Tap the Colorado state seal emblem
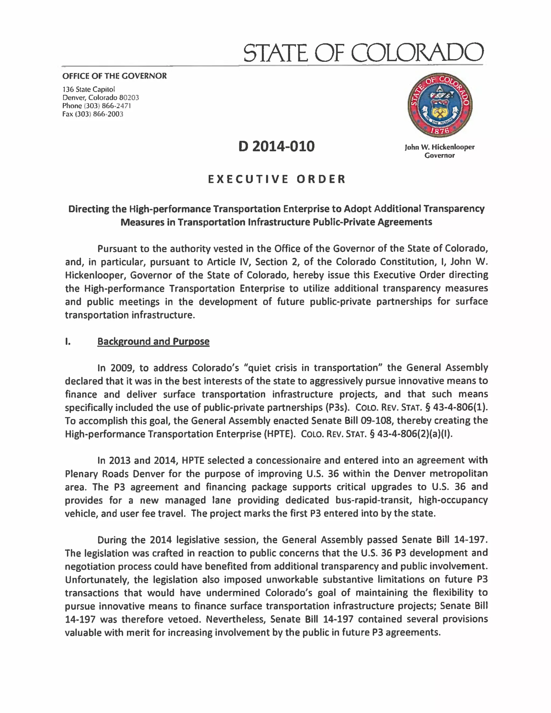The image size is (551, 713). (439, 105)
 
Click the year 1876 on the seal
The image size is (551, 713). (439, 131)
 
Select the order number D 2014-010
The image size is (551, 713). (276, 146)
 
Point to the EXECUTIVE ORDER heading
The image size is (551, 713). (277, 179)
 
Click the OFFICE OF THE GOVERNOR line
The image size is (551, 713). (114, 76)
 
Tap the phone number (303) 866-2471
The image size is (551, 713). (107, 106)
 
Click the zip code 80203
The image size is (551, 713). (129, 98)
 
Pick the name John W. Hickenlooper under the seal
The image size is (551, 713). (439, 147)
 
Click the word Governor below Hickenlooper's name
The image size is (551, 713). (439, 156)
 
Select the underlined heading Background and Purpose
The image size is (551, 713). (153, 341)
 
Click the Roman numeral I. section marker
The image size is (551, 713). (68, 342)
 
